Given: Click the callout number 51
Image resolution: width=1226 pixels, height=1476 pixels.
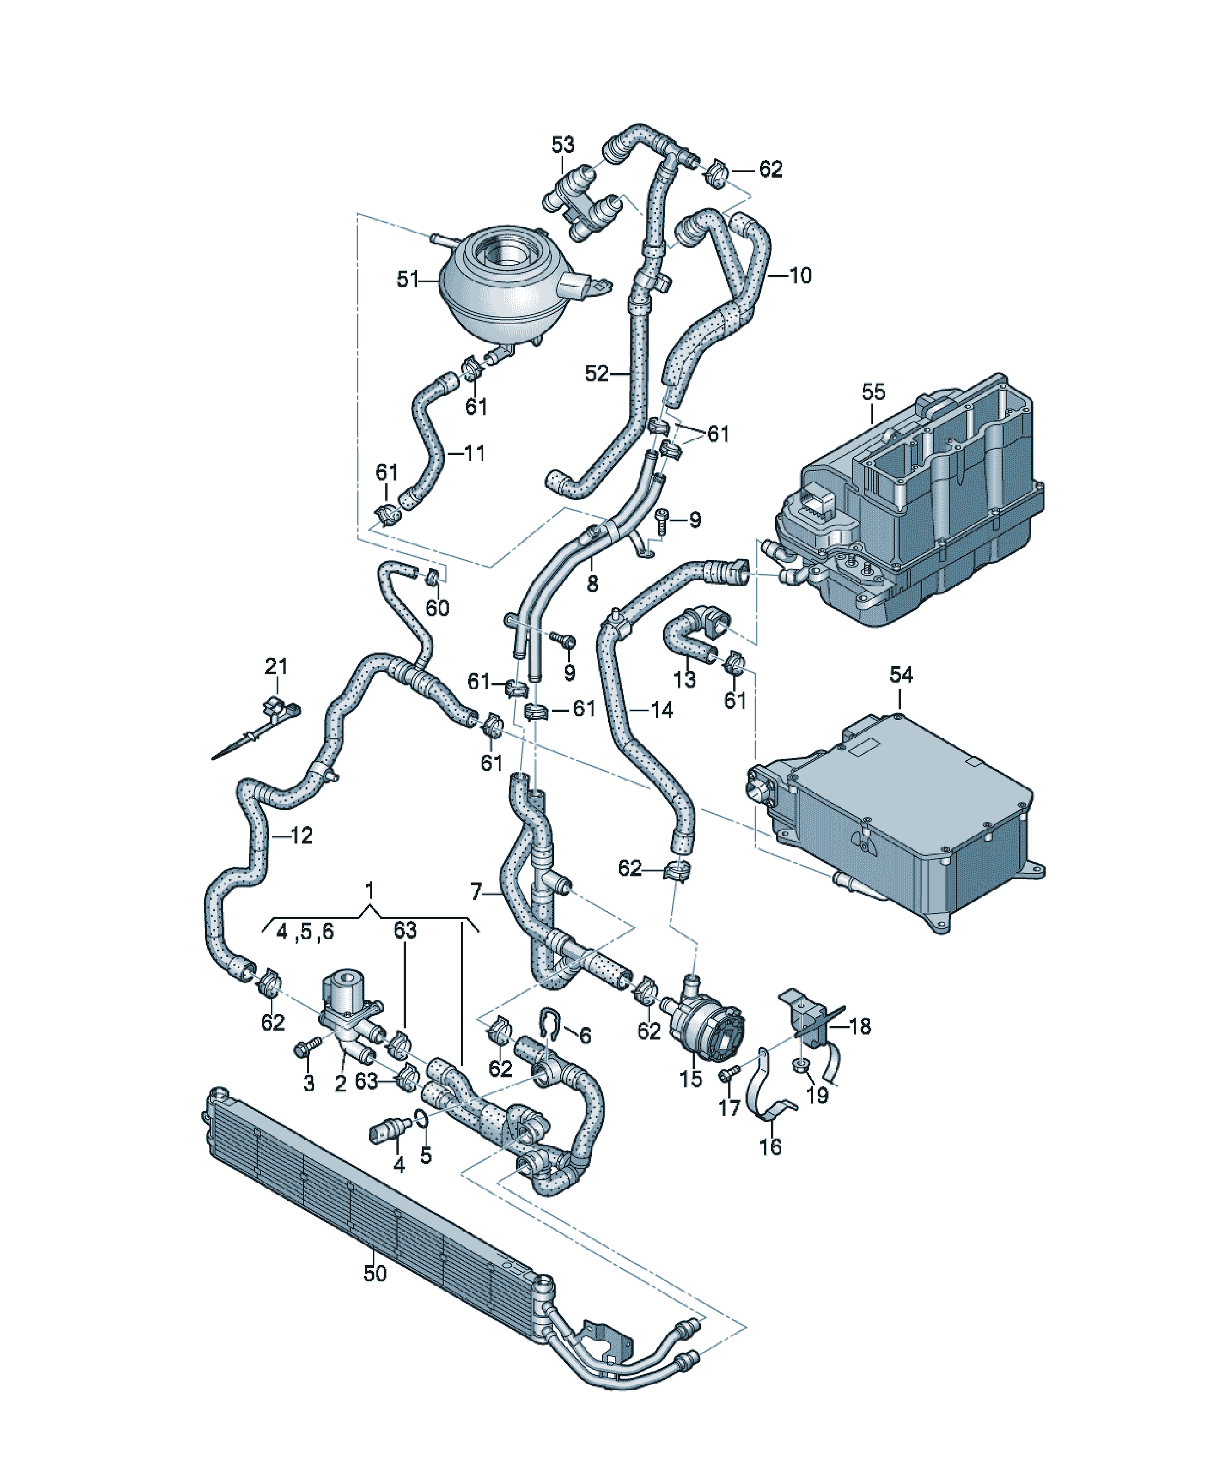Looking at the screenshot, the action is [408, 279].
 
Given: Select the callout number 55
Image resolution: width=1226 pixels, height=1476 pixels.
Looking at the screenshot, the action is [873, 392].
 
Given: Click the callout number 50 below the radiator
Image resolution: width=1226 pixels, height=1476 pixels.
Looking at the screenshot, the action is [375, 1273].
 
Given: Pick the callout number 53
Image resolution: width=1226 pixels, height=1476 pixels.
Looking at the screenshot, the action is [562, 145].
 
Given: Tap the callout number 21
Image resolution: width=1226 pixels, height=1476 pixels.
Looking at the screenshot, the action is [276, 665].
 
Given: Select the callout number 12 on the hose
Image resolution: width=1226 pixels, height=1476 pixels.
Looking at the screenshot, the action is [301, 836].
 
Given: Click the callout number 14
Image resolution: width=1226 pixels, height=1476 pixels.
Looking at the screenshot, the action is [661, 710].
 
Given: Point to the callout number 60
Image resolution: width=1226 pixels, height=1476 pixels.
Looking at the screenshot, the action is [437, 608].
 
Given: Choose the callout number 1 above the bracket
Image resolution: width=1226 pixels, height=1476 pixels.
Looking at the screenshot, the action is [370, 890].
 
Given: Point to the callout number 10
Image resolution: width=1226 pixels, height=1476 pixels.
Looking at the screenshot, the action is [800, 276].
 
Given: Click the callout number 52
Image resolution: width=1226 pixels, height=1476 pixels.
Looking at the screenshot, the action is [597, 373].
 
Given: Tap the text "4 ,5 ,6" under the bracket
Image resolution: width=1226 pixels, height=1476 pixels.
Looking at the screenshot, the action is [305, 932].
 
